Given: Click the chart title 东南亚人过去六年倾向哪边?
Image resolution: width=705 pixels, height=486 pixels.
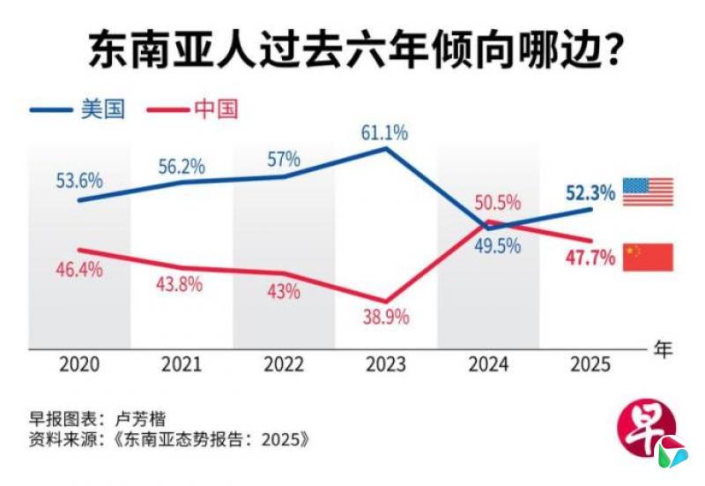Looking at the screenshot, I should [352, 51].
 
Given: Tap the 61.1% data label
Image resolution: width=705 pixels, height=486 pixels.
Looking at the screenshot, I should [384, 133].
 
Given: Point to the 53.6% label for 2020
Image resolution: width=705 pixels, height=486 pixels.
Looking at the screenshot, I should [78, 182].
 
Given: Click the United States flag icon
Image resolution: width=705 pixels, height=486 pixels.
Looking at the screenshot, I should [648, 191].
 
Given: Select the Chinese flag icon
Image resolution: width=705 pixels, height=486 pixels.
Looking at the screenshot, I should [648, 257].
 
